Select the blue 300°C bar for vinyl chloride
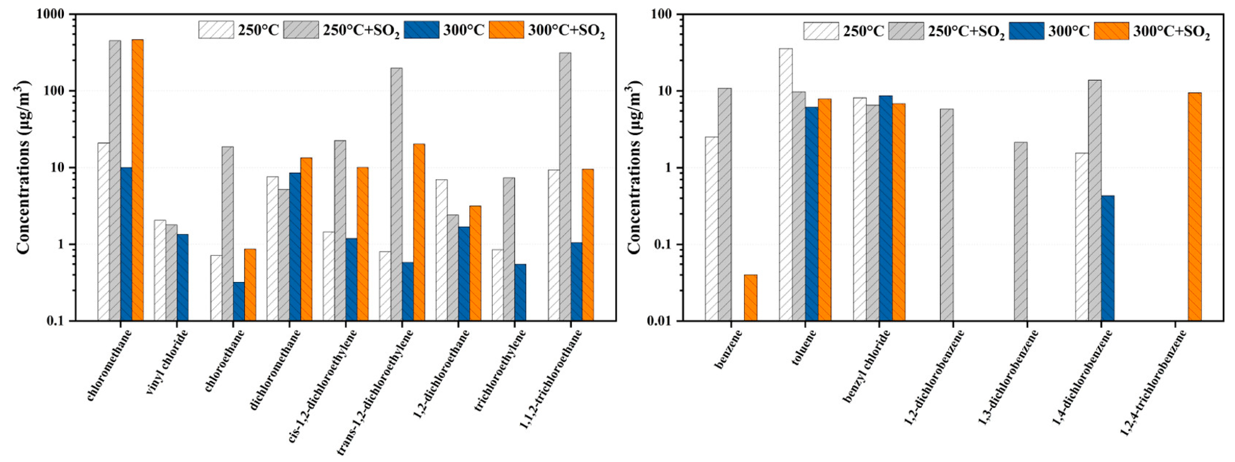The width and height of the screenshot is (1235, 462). pyautogui.click(x=183, y=277)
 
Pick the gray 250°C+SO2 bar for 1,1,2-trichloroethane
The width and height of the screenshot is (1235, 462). pyautogui.click(x=565, y=187)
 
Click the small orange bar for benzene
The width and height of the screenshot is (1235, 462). pyautogui.click(x=750, y=298)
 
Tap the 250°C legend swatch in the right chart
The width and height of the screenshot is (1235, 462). pyautogui.click(x=821, y=31)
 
